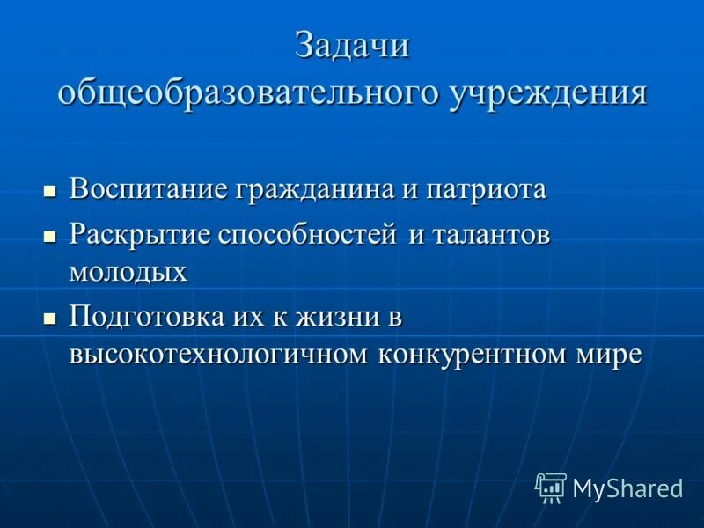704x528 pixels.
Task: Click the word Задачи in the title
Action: [352, 46]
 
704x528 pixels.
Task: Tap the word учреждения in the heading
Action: [548, 92]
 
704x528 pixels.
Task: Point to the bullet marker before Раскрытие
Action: [50, 238]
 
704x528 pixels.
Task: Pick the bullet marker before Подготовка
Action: [50, 318]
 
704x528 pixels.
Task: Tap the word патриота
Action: [486, 189]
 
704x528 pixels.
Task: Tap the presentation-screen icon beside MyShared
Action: [551, 488]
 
